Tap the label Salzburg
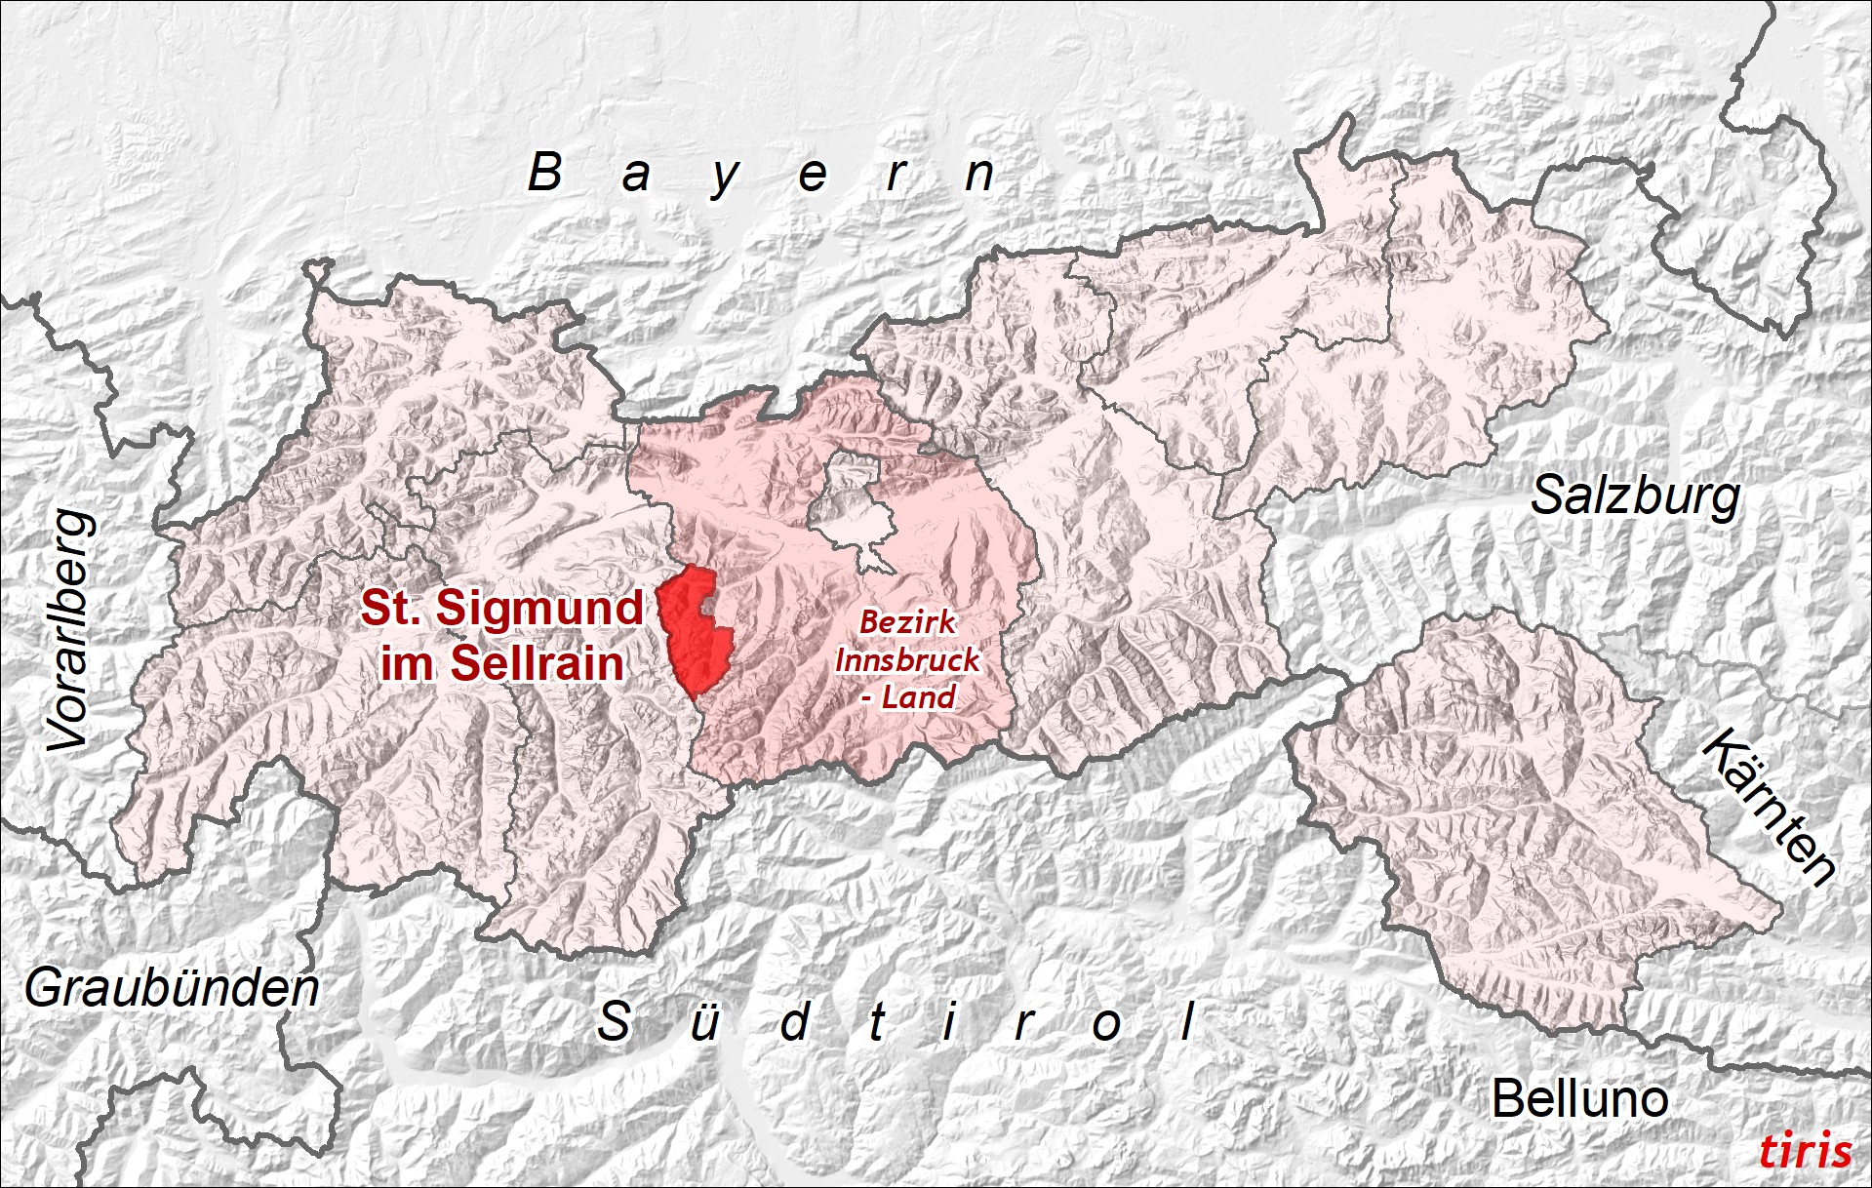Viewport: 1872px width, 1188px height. pos(1635,496)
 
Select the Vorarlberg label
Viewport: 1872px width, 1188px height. pos(71,631)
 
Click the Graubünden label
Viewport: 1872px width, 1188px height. pos(172,989)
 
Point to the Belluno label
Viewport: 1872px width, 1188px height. pos(1579,1099)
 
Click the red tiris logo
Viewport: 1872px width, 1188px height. pos(1805,1151)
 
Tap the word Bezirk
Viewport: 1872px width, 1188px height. pos(907,621)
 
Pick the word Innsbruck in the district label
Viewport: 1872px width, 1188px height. pos(907,659)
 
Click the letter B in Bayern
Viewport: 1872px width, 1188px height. pos(545,174)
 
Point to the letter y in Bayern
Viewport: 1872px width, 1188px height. pos(724,178)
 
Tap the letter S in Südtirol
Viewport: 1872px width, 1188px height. pos(614,1022)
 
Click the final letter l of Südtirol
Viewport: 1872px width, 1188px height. pos(1187,1022)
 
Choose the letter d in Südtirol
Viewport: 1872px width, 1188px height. pos(795,1022)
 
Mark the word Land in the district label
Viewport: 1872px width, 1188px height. pos(918,697)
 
